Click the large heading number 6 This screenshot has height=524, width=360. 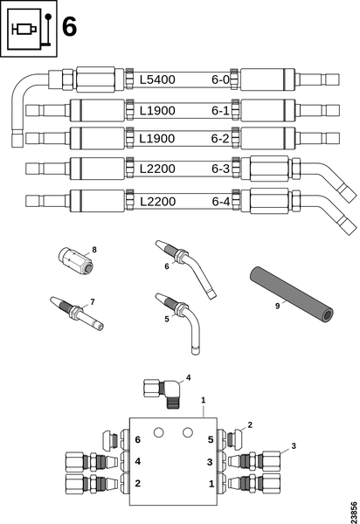pyautogui.click(x=68, y=26)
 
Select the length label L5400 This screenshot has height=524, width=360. pyautogui.click(x=158, y=79)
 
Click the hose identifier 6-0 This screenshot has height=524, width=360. pyautogui.click(x=220, y=79)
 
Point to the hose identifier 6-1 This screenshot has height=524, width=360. pyautogui.click(x=220, y=110)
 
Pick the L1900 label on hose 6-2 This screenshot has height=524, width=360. pyautogui.click(x=158, y=139)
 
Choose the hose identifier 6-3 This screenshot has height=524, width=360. pyautogui.click(x=220, y=169)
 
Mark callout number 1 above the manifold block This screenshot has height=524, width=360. pyautogui.click(x=203, y=400)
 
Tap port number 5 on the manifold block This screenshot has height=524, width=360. pyautogui.click(x=211, y=440)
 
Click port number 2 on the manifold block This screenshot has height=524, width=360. pyautogui.click(x=137, y=482)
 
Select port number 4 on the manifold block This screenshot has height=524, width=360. pyautogui.click(x=137, y=461)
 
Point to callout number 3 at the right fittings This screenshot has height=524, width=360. pyautogui.click(x=294, y=446)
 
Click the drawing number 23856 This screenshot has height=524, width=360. pyautogui.click(x=352, y=509)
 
